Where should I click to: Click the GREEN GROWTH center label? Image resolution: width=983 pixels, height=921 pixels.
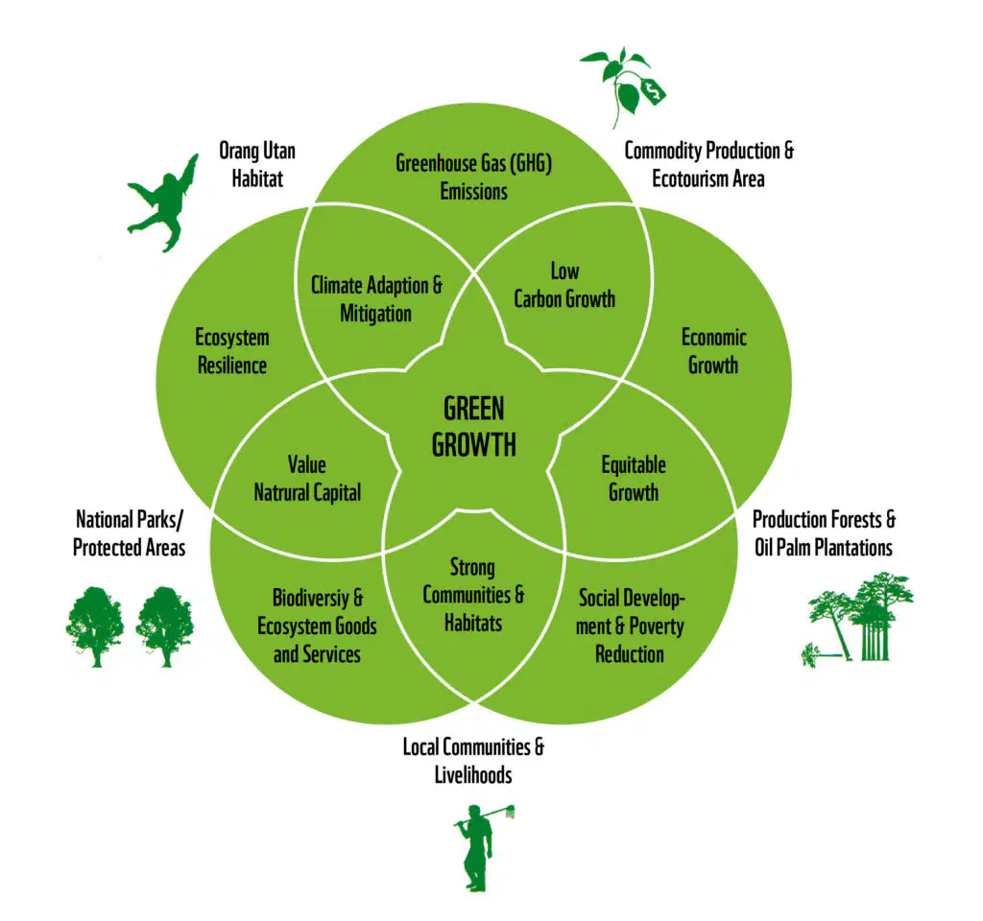[474, 427]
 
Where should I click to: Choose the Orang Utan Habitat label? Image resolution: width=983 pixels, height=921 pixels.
[257, 164]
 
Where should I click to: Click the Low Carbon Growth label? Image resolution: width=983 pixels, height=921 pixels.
[564, 285]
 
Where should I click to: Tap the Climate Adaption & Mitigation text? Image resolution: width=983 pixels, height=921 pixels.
[376, 299]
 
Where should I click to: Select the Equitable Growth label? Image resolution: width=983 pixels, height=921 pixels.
[634, 478]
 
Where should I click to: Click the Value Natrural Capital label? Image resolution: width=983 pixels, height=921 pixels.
[307, 478]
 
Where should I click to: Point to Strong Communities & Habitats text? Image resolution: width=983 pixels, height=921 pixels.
[473, 595]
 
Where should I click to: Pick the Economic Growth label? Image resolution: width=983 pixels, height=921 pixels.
[713, 351]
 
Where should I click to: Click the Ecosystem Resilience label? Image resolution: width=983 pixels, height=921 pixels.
[232, 351]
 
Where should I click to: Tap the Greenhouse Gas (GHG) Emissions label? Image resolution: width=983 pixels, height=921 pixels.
[473, 177]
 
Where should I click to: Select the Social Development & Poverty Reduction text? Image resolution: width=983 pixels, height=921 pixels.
[630, 626]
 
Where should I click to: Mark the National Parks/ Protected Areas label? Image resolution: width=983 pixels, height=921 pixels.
[130, 533]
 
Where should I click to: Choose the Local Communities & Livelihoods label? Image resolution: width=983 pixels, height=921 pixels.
[473, 761]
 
